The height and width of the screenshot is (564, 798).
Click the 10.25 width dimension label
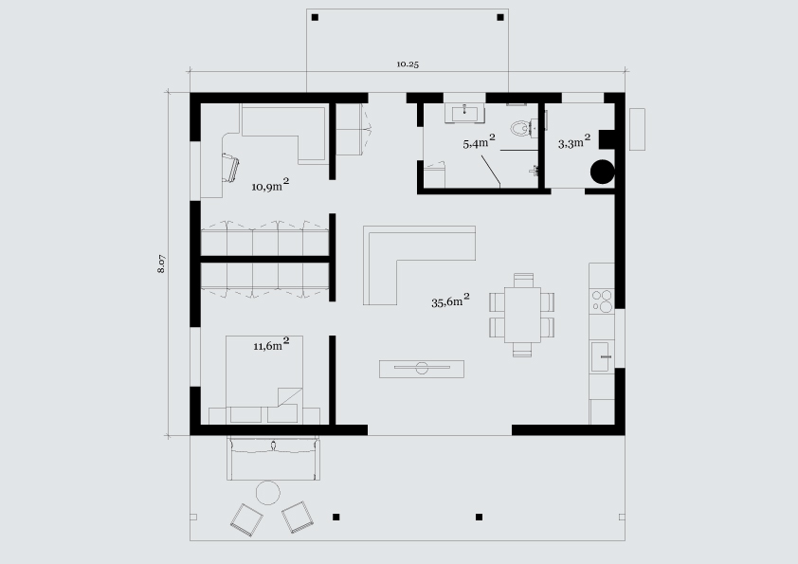[x=408, y=64]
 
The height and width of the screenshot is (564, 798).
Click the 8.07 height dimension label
[x=161, y=264]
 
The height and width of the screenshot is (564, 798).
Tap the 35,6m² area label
[x=450, y=300]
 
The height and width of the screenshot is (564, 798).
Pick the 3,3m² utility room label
[x=574, y=141]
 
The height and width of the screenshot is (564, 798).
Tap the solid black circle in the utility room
[x=603, y=172]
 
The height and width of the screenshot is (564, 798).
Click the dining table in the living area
[x=522, y=315]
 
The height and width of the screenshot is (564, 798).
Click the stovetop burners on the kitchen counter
[x=602, y=300]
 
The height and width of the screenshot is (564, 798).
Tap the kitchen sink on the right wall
[x=602, y=356]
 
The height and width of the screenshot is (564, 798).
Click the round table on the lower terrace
[x=267, y=492]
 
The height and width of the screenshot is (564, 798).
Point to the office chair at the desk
[x=230, y=167]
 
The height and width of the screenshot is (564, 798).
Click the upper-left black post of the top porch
[x=315, y=18]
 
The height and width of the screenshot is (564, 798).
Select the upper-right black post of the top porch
[x=500, y=17]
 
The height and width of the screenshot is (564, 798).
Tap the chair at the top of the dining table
[x=523, y=280]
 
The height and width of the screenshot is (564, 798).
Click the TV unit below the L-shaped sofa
[x=422, y=369]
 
